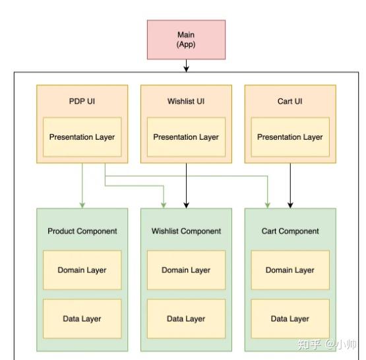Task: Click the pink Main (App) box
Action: tap(186, 40)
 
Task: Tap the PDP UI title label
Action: tap(82, 102)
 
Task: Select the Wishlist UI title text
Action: tap(186, 102)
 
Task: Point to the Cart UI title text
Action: tap(290, 102)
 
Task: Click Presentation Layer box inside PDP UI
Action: tap(82, 137)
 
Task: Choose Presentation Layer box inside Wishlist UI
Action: tap(186, 137)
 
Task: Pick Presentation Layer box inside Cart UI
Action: tap(290, 137)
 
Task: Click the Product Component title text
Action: tap(82, 231)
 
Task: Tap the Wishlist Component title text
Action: tap(186, 231)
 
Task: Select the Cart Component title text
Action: tap(290, 231)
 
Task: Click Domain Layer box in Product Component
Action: tap(82, 270)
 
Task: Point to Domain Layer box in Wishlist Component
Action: tap(186, 270)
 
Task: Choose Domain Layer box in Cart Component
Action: tap(290, 270)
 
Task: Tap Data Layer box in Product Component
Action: tap(82, 318)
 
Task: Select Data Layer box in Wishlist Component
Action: tap(186, 318)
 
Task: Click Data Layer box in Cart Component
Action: tap(290, 318)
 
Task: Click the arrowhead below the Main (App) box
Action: tap(186, 69)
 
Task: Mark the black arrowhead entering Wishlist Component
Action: tap(186, 205)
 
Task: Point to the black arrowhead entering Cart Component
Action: tap(290, 205)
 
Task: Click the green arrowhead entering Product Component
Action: tap(82, 205)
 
